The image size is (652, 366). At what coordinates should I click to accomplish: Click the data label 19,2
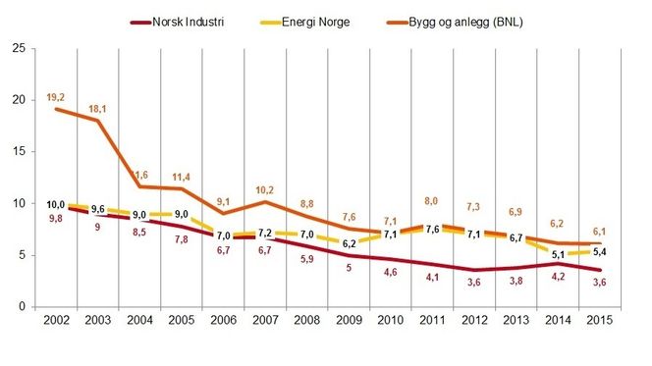tap(55, 96)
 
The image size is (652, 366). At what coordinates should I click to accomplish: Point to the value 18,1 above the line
tap(98, 107)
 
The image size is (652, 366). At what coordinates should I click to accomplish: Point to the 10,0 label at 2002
tap(55, 204)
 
